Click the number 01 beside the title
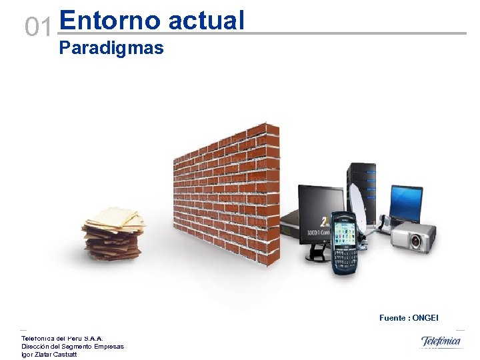(37, 27)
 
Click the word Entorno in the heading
(110, 20)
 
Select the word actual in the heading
(207, 20)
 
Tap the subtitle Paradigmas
(111, 48)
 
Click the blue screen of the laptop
(406, 201)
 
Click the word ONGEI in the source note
(425, 318)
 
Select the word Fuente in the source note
(393, 318)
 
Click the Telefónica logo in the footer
(440, 341)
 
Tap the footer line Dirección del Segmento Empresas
(73, 346)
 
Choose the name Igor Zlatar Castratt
(49, 354)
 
